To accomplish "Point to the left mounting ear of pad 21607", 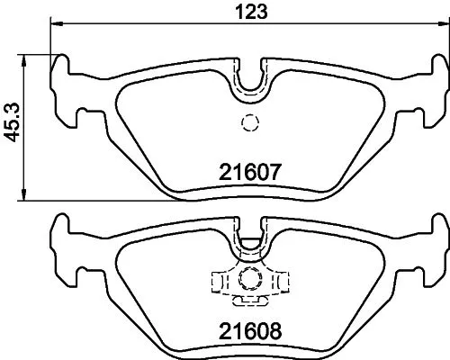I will point(65,90).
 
